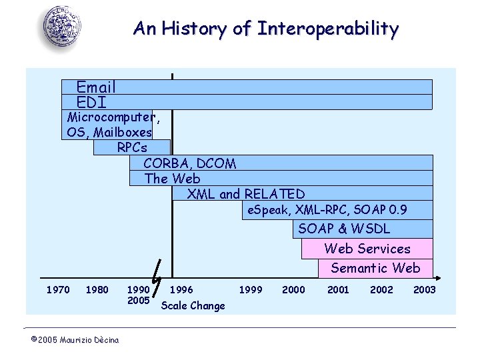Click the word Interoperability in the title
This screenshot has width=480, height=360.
[x=328, y=29]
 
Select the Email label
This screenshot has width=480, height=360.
[x=96, y=87]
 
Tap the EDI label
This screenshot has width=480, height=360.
[x=91, y=102]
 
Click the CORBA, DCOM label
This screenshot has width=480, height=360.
[x=190, y=163]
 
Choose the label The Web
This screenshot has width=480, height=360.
[x=172, y=179]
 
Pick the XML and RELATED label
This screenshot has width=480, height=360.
[x=246, y=194]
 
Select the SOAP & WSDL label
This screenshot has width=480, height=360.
[x=344, y=229]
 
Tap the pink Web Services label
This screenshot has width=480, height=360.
[x=367, y=249]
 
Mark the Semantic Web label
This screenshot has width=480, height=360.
[x=375, y=268]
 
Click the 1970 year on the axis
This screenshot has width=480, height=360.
[x=57, y=289]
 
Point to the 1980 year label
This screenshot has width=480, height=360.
[x=97, y=289]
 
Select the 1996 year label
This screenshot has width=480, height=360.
[x=181, y=289]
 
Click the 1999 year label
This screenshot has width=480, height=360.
[x=251, y=289]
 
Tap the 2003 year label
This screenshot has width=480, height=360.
[x=424, y=289]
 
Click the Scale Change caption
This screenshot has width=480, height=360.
[x=193, y=305]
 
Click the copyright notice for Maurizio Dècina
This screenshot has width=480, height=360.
[x=75, y=340]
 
